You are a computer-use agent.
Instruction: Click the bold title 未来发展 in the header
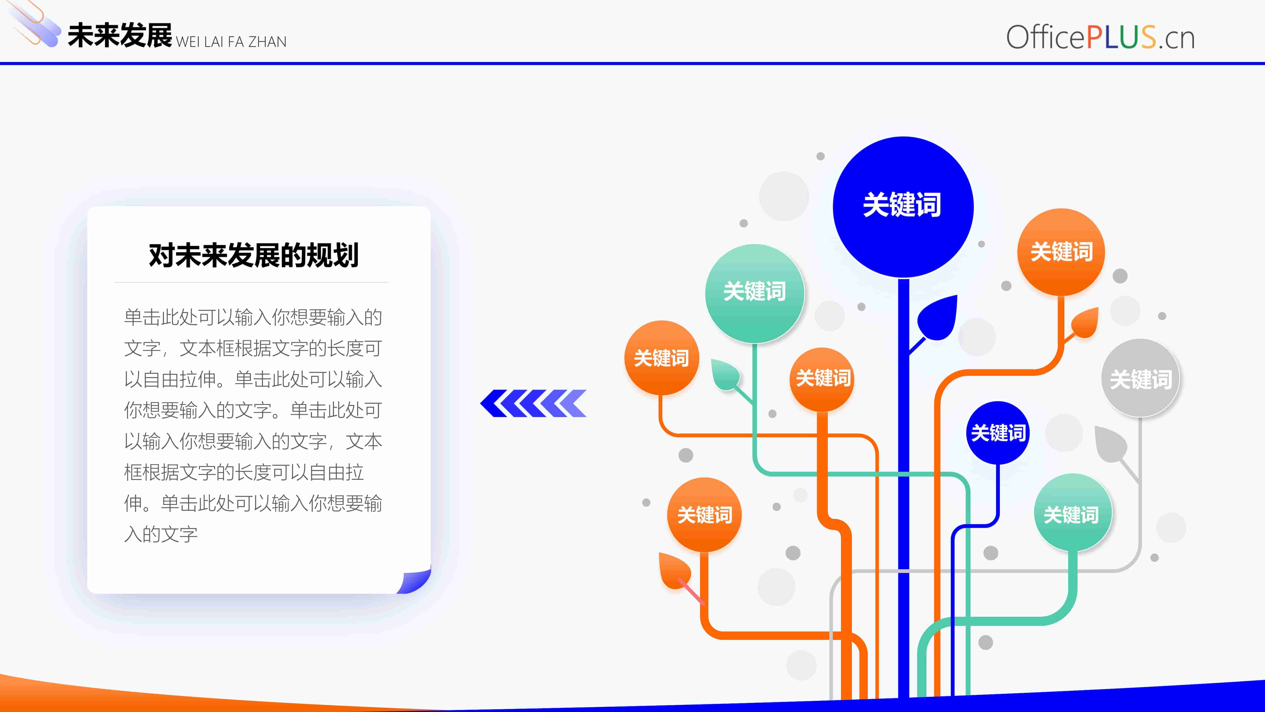pos(120,36)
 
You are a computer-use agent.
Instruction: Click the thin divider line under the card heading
pos(251,282)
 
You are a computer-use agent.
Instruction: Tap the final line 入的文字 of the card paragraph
pos(161,534)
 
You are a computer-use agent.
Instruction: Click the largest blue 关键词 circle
pos(903,207)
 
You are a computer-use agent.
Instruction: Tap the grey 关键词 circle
pos(1140,378)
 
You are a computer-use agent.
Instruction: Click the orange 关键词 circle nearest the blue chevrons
pos(662,358)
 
